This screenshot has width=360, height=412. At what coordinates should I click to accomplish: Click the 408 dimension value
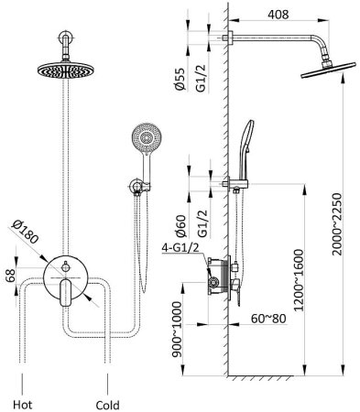(278, 14)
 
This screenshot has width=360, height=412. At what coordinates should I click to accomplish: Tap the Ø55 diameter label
(180, 79)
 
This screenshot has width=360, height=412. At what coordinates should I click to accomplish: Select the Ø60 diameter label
(180, 226)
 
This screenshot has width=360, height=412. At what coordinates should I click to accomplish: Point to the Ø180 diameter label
(26, 232)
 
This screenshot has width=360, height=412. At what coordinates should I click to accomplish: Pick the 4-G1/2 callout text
(180, 247)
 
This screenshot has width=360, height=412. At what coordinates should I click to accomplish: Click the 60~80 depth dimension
(268, 319)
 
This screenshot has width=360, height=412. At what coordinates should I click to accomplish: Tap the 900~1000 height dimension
(177, 330)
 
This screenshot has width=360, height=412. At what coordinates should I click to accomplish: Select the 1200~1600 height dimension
(299, 280)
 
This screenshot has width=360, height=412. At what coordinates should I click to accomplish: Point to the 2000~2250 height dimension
(338, 224)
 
